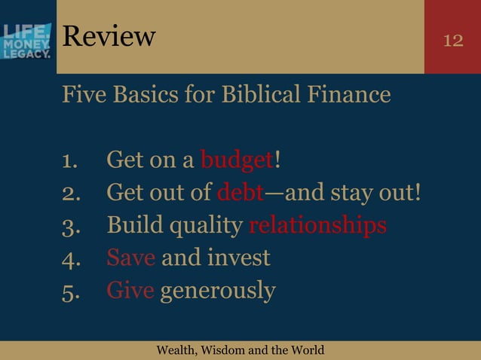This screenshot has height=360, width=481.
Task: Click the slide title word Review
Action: point(109,35)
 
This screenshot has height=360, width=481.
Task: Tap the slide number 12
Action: point(453,40)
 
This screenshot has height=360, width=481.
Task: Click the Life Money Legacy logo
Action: point(27,41)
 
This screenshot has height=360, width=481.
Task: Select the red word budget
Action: point(237,160)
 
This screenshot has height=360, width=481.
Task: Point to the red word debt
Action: point(240,193)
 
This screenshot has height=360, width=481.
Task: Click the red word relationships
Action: point(317,226)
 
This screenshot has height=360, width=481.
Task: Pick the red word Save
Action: point(131,258)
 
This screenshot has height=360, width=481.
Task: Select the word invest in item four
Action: point(234,258)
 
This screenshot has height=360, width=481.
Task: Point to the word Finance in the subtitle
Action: point(353,96)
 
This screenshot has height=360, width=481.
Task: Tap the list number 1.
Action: point(70,161)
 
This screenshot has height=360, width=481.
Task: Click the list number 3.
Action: point(70,226)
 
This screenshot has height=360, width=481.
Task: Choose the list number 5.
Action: point(70,291)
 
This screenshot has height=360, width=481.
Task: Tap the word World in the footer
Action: point(307,350)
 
